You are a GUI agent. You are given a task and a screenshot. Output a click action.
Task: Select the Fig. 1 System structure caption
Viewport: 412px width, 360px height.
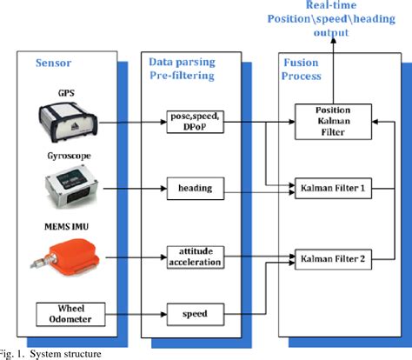click(52, 353)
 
